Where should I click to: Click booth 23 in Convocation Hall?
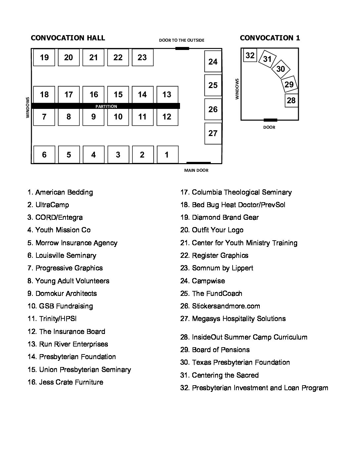coord(142,58)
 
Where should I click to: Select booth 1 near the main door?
coord(167,155)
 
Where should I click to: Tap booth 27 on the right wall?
coord(213,133)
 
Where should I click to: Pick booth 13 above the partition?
coord(167,95)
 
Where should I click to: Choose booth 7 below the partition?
coord(44,117)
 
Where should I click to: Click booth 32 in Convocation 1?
coord(250,55)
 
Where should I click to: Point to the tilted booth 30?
coord(281,69)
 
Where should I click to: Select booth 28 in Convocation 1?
coord(291,100)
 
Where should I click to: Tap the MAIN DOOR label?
coord(196,170)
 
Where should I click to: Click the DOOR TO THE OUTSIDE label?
coord(182,40)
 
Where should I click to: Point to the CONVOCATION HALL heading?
coord(68,38)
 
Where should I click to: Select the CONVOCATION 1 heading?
coord(270,38)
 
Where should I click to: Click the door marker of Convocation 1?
coord(270,120)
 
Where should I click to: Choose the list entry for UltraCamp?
coord(48,205)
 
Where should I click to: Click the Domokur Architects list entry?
coord(62,294)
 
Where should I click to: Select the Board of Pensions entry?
coord(215,350)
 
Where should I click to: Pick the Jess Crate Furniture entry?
coord(66,382)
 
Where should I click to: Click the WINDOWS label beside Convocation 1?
coord(237,89)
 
